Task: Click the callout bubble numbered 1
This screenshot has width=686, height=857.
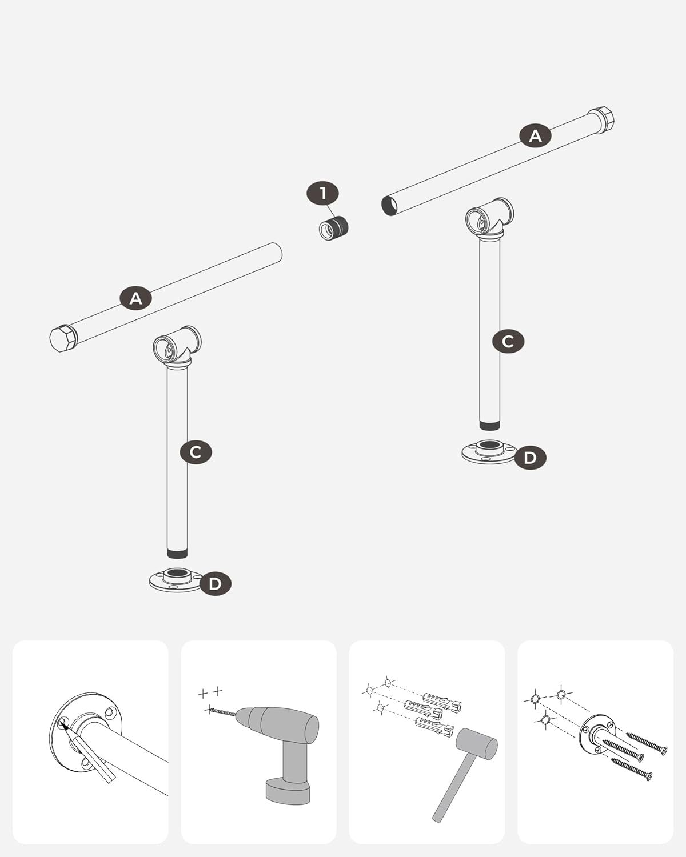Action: point(323,194)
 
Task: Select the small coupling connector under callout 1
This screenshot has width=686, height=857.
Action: point(334,228)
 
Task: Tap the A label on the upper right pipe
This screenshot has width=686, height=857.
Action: point(535,136)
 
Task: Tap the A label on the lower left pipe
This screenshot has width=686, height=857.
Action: point(136,298)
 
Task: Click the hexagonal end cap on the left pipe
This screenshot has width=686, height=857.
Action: point(62,338)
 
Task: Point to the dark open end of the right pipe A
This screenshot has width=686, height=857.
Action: point(389,206)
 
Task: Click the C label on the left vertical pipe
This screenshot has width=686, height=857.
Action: point(196,452)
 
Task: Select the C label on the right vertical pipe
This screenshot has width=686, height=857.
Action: point(508,341)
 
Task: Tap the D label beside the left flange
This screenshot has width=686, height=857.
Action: point(216,584)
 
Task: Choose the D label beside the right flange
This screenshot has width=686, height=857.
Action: point(530,458)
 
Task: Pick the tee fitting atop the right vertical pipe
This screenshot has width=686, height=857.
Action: point(489,219)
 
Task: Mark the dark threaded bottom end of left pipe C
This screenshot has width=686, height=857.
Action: point(177,554)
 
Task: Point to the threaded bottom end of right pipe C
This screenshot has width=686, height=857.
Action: point(489,426)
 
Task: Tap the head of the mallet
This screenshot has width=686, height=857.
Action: point(477,744)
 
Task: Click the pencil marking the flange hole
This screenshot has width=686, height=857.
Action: point(89,754)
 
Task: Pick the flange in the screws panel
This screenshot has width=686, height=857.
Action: point(598,735)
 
